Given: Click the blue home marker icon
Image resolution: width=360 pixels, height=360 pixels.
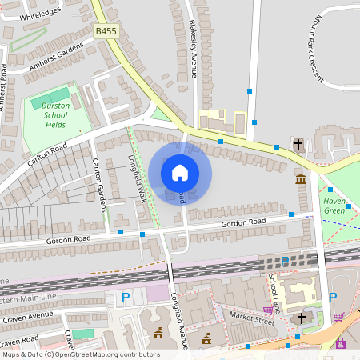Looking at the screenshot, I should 180,173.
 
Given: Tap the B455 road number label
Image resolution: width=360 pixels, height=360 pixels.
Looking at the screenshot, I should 106,31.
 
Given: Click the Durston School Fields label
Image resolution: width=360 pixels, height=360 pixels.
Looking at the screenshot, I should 55,115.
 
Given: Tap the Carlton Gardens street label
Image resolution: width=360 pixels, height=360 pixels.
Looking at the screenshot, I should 100,184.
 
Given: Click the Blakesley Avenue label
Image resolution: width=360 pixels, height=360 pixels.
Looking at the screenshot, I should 193,48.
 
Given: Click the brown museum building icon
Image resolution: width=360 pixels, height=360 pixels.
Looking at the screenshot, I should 300,178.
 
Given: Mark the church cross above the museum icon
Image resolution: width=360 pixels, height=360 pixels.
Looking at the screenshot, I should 298,145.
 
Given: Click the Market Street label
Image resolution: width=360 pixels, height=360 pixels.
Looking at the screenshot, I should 252,322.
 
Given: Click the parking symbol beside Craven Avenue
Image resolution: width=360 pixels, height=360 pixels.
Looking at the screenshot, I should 125,298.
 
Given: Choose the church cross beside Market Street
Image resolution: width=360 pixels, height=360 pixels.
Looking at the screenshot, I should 302,318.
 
